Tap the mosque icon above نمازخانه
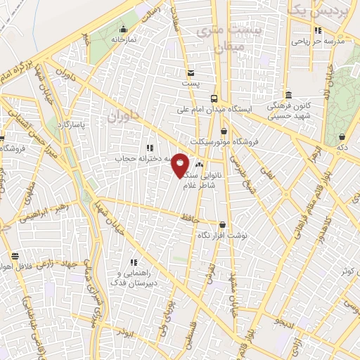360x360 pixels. pos(124,30)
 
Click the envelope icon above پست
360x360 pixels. pos(191,73)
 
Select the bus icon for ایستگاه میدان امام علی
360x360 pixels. pos(214,98)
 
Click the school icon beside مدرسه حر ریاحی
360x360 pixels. pos(319,30)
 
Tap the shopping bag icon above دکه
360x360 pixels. pos(342,137)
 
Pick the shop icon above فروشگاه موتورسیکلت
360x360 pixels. pos(224,131)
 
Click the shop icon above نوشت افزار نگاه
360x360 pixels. pos(222,226)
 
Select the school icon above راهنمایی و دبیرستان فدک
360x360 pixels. pos(134,262)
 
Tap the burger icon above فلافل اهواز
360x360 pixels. pos(15,257)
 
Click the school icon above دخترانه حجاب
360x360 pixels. pos(149,148)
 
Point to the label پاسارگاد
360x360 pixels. pos(72,124)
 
